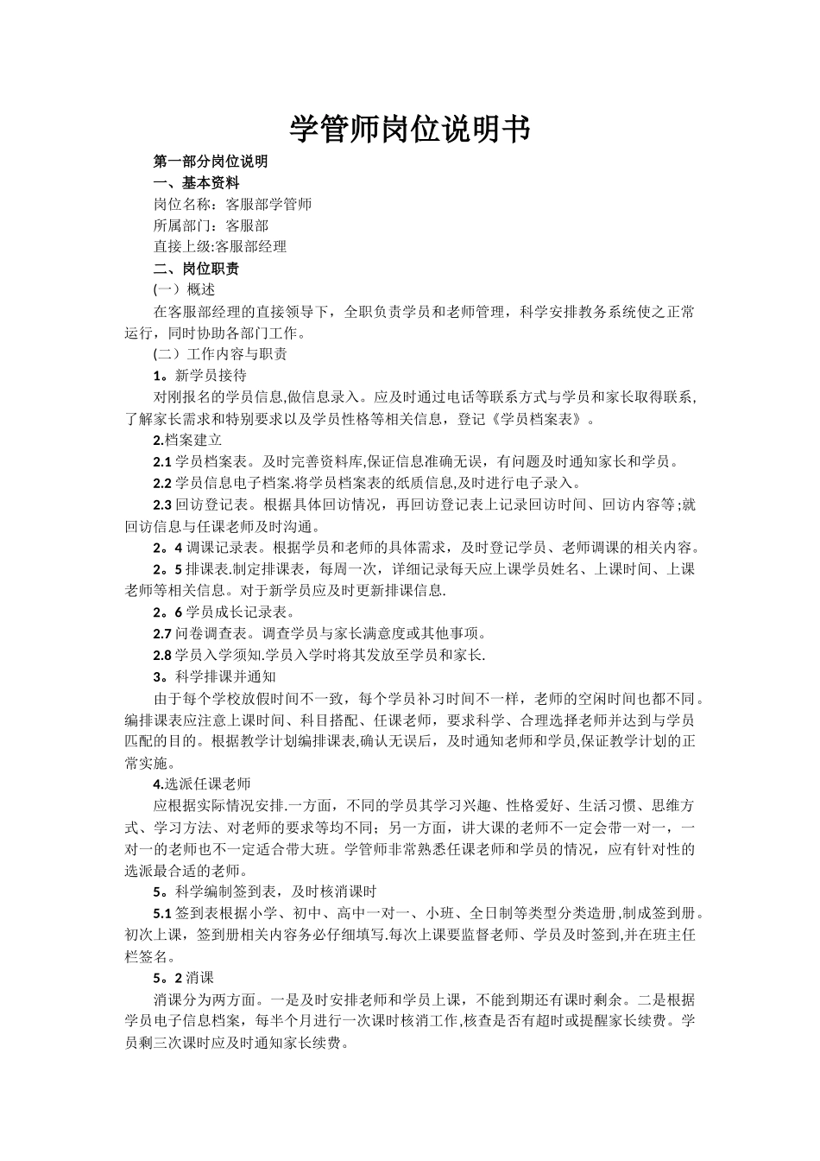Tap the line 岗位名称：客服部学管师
[x=232, y=205]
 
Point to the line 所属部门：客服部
[x=211, y=225]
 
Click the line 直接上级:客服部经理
[x=219, y=247]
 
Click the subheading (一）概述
[x=184, y=289]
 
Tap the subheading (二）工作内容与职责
[x=220, y=354]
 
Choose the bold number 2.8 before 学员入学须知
[x=162, y=655]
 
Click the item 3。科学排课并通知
[x=214, y=676]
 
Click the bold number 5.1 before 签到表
[x=162, y=913]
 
